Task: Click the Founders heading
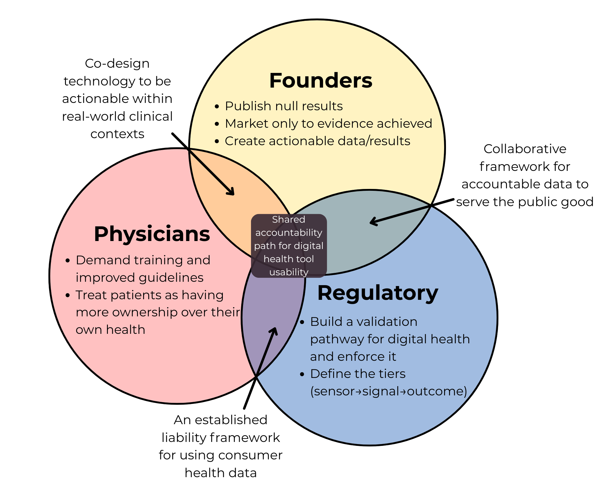click(321, 81)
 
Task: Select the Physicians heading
click(152, 234)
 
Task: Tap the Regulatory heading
click(378, 293)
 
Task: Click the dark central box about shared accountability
click(289, 246)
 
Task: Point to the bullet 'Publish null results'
click(284, 106)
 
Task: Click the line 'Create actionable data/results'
click(318, 141)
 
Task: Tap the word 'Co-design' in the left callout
click(117, 64)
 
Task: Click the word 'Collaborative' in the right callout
click(525, 149)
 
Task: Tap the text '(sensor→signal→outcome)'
click(389, 391)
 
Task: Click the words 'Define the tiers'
click(358, 374)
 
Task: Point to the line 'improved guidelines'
click(139, 278)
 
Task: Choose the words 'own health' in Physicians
click(110, 330)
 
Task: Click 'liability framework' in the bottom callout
click(221, 438)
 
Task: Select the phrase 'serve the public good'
click(525, 202)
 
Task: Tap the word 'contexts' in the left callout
click(117, 134)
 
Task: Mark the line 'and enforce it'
click(353, 357)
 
